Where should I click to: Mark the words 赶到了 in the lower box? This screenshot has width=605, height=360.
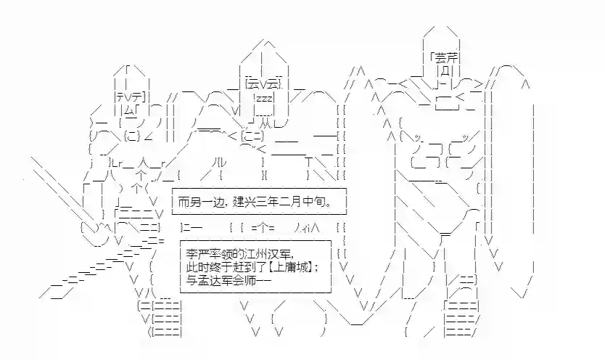coord(247,266)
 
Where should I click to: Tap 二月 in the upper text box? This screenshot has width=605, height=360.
coord(297,201)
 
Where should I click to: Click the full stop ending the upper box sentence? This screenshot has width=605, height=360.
coord(335,202)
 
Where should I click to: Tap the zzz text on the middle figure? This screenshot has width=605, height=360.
coord(263,99)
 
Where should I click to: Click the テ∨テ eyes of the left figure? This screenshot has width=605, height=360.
coord(131,97)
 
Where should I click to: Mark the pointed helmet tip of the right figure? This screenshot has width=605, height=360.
coord(443,29)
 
